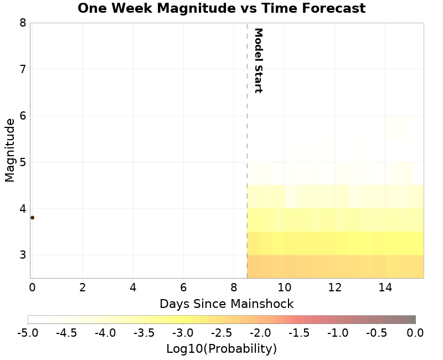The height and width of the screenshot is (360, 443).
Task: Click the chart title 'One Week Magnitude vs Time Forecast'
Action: tap(221, 9)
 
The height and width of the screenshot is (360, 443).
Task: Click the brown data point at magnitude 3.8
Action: tap(32, 218)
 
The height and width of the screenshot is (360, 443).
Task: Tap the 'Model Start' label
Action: tap(257, 60)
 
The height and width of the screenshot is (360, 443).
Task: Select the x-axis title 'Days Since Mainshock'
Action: tap(226, 304)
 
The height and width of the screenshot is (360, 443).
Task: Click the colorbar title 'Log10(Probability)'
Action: tap(221, 349)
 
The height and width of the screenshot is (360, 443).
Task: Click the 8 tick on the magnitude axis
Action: tap(22, 23)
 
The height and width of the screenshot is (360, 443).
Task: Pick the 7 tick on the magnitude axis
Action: tap(22, 69)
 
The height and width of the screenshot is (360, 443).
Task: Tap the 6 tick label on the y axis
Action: tap(22, 116)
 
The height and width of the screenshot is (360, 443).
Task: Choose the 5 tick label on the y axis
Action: tap(22, 162)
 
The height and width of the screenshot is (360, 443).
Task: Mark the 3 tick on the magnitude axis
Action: tap(22, 255)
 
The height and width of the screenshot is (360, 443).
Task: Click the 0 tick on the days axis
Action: tap(32, 287)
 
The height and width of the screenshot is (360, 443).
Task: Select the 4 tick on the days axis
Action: tap(133, 287)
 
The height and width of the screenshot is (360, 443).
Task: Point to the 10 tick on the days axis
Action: tap(285, 287)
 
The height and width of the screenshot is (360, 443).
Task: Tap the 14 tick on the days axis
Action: tap(385, 287)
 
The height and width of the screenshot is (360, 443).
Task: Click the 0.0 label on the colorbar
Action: tap(415, 333)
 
